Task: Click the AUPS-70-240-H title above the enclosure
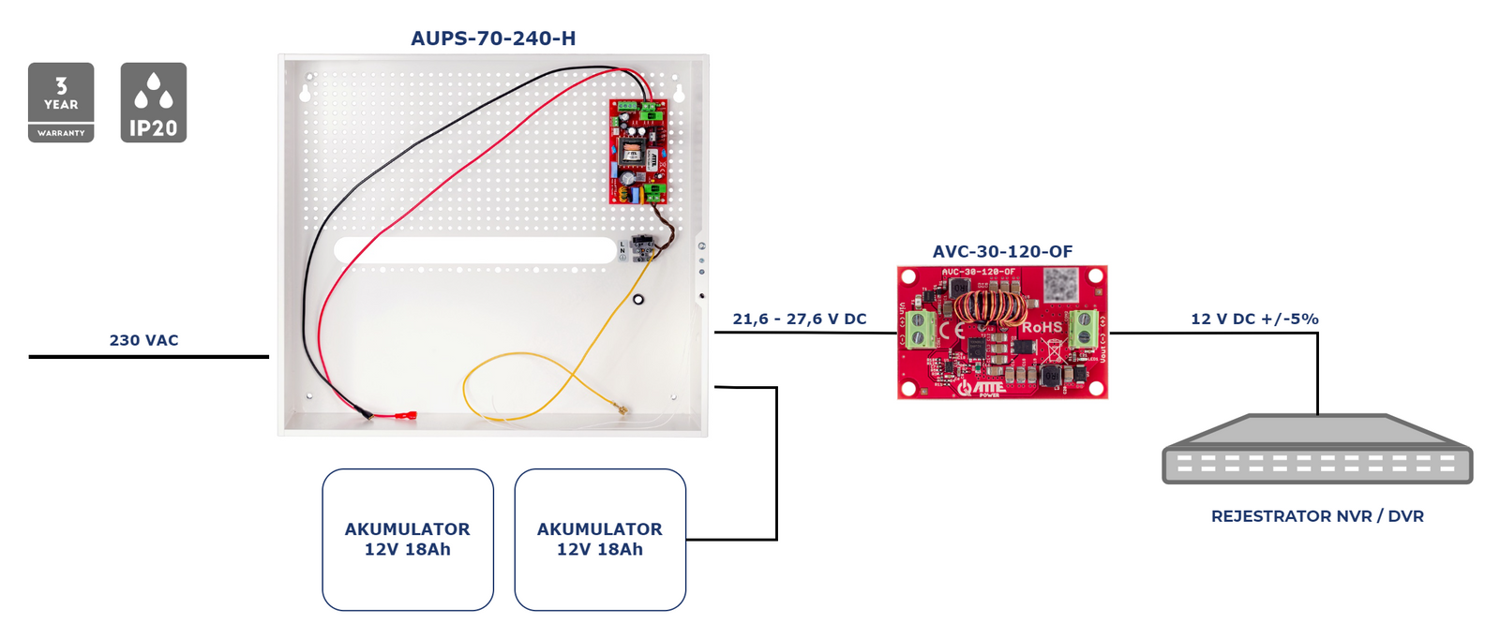coord(493,38)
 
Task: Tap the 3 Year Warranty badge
coord(61,102)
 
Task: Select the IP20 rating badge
coord(154,102)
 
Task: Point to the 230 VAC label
coord(143,340)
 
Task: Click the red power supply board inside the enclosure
coord(637,152)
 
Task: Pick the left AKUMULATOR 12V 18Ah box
coord(408,540)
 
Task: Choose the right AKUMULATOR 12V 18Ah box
coord(600,540)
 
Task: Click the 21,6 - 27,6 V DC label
coord(800,319)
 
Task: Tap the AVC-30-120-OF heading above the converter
coord(1002,251)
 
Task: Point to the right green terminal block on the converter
coord(1084,328)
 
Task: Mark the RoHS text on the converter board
coord(1042,327)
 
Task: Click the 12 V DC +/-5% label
coord(1254,319)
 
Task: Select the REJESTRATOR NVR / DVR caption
coord(1317,516)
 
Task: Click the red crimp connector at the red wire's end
coord(406,415)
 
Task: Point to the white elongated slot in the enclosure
coord(474,250)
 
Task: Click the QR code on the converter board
coord(1060,282)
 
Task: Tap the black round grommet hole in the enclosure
coord(638,300)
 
